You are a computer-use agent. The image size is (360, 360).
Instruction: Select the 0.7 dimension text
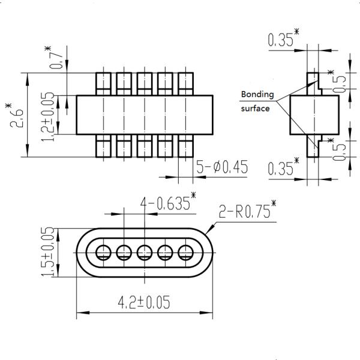(58, 59)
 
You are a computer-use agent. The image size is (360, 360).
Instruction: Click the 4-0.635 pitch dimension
(167, 203)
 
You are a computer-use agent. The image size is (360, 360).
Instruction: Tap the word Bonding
(257, 95)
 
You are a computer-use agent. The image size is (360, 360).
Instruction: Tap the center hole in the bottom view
(144, 251)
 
